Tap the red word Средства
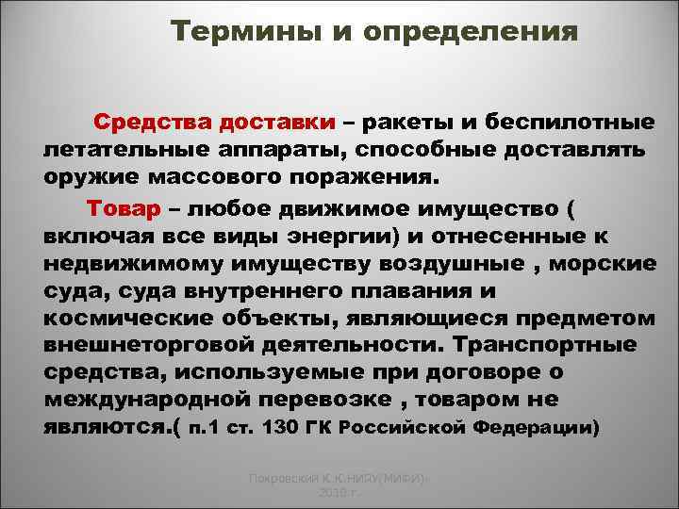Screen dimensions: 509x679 [151, 123]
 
